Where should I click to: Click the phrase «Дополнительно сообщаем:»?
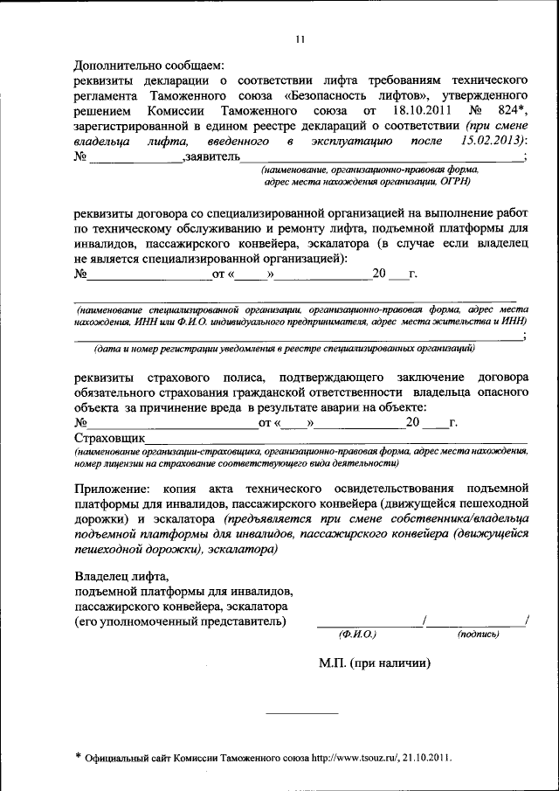pyautogui.click(x=149, y=65)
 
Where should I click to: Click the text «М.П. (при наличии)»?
pyautogui.click(x=376, y=663)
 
